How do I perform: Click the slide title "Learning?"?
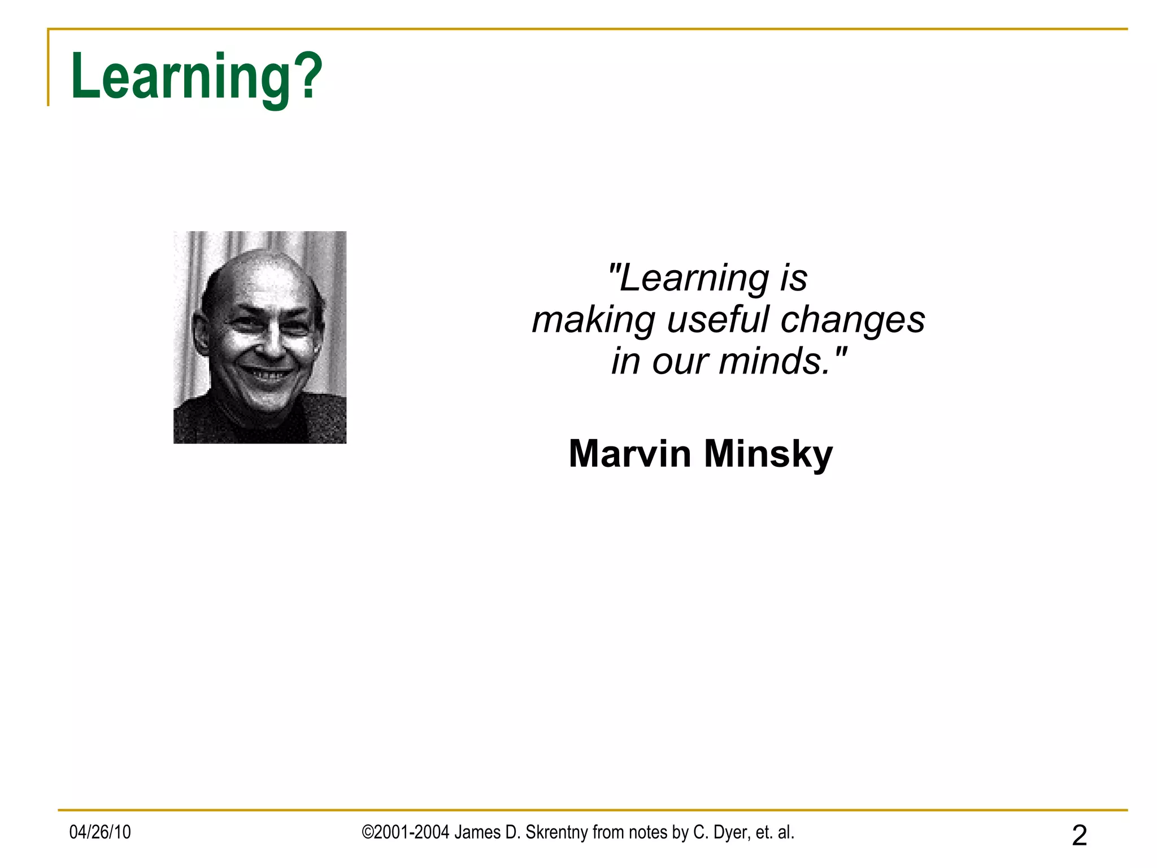click(196, 76)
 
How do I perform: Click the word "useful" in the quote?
click(718, 319)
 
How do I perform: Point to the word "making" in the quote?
click(593, 320)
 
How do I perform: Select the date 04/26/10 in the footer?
click(100, 832)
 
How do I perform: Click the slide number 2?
click(1079, 835)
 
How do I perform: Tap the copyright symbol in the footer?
click(367, 832)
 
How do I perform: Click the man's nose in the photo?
click(274, 344)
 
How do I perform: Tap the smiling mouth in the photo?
click(268, 375)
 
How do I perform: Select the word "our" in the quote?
click(680, 362)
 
